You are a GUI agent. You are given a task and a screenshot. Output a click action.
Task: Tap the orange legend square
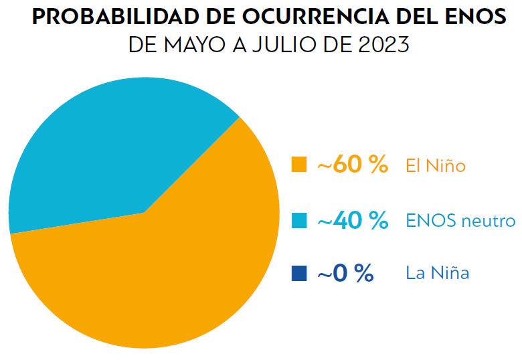299,164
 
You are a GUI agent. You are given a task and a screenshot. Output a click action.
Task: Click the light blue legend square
299,219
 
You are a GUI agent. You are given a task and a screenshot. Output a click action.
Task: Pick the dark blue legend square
299,273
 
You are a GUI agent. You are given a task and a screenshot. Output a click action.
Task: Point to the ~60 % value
353,165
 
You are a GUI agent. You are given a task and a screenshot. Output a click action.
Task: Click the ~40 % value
353,220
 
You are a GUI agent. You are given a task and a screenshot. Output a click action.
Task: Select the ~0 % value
345,273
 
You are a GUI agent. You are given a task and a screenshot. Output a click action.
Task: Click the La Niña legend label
438,273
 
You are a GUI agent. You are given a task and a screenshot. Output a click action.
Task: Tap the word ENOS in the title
476,17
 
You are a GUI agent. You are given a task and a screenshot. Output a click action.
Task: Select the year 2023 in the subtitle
381,45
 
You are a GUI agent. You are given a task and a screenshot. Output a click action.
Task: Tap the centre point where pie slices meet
144,213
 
